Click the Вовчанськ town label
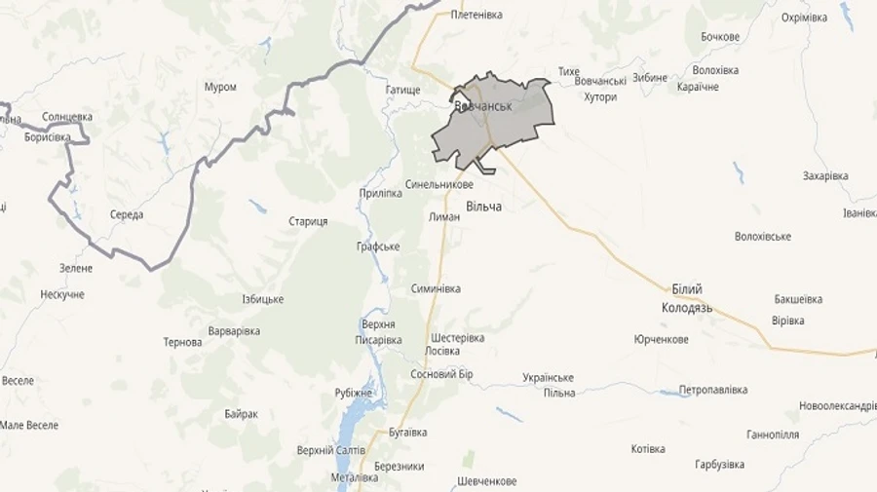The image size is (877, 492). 483,105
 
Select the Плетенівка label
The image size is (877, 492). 477,15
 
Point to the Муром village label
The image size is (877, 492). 220,87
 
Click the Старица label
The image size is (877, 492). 308,222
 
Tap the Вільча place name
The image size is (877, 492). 483,207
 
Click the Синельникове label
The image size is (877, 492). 439,184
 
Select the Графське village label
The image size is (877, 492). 378,246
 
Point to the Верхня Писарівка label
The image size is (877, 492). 378,332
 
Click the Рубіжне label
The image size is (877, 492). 354,393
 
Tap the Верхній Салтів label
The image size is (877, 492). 331,450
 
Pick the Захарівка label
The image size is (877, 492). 825,176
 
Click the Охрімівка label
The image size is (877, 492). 804,18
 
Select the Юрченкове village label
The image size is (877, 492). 661,339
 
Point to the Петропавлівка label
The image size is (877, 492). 712,390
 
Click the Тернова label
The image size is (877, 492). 183,343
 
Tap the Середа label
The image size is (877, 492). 127,214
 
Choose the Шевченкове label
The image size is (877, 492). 486,482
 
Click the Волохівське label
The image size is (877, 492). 763,237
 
